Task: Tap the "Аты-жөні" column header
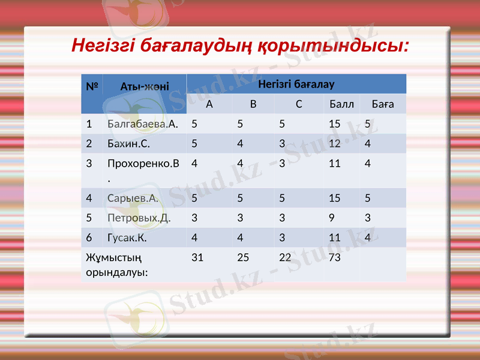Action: coord(145,86)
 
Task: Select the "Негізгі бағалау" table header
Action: coord(296,84)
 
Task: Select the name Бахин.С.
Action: coord(128,144)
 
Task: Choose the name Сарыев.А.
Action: coord(133,198)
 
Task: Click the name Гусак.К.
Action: coord(127,238)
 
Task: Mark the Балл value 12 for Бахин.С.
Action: coord(335,144)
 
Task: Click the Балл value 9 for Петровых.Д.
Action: coord(332,218)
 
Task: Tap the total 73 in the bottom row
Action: coord(335,257)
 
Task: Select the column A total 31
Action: coord(197,257)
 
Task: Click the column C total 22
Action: coord(285,257)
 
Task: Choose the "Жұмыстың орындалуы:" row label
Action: coord(117,265)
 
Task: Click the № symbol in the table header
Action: coord(92,86)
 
